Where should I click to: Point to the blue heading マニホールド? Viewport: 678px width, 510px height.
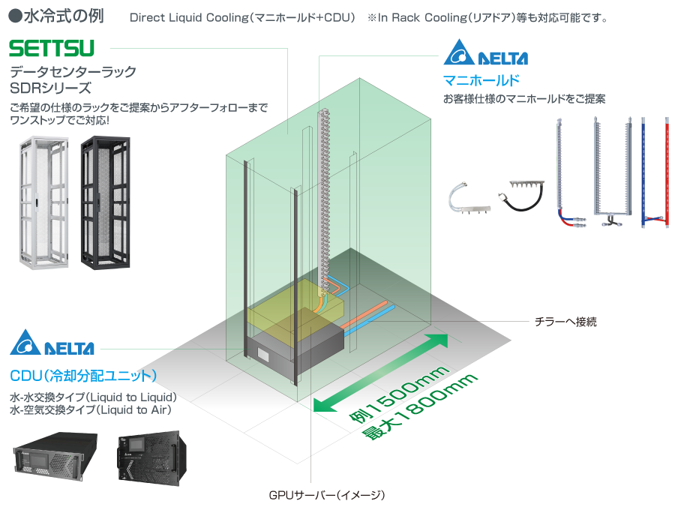click(x=481, y=79)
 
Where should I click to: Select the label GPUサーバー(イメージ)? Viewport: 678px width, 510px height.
click(x=327, y=495)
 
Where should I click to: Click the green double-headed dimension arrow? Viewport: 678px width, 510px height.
click(x=381, y=373)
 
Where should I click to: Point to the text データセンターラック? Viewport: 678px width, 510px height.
click(x=73, y=72)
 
